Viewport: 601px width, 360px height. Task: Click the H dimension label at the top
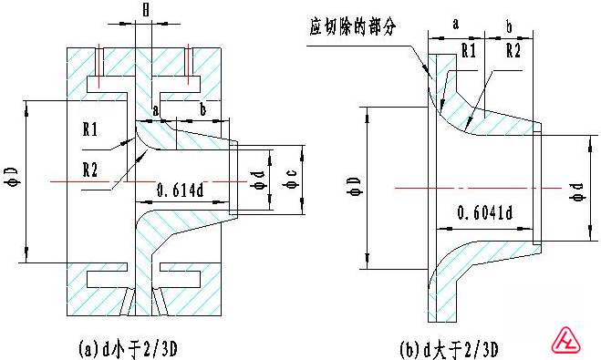(146, 10)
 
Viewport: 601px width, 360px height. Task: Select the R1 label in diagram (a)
(90, 129)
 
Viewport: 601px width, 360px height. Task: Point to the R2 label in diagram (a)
(90, 170)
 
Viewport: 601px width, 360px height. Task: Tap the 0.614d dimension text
(181, 190)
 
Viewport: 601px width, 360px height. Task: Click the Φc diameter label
(291, 180)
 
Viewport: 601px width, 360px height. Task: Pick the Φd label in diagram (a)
(257, 180)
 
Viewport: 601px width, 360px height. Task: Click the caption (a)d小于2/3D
(128, 349)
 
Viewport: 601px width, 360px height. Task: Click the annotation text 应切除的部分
(352, 26)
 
